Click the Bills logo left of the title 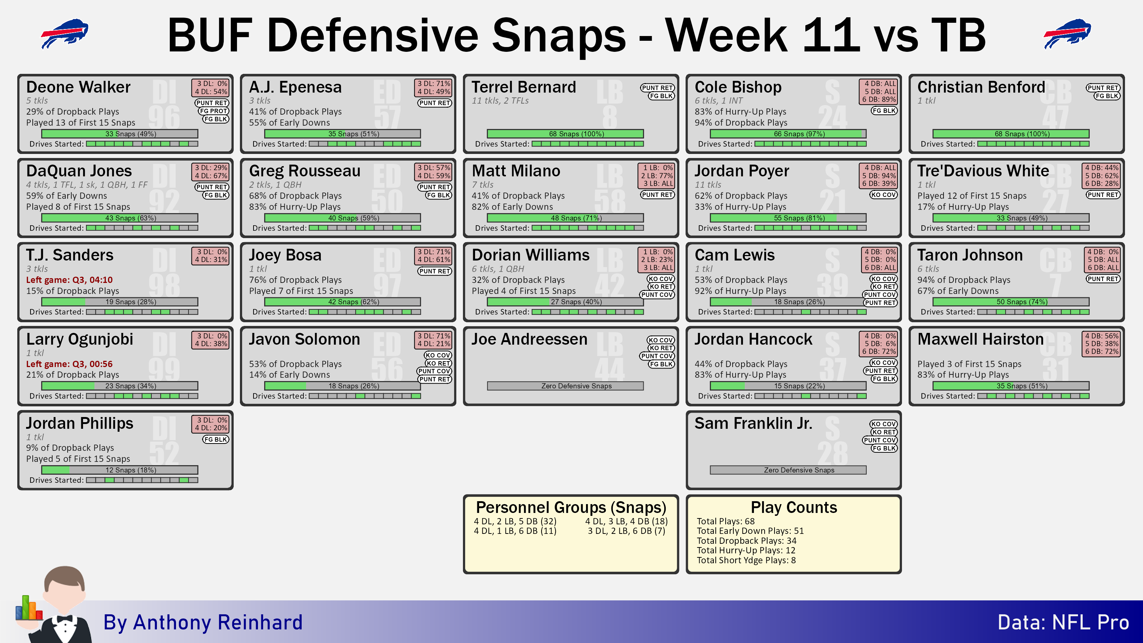coord(65,33)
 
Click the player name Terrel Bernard coord(524,87)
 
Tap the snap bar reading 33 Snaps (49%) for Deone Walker coord(120,134)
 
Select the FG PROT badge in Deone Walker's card coord(213,111)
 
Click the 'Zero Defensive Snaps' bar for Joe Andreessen coord(565,386)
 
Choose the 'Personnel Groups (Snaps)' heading coord(571,507)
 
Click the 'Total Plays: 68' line coord(726,521)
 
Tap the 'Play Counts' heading coord(794,507)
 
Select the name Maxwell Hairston coord(981,339)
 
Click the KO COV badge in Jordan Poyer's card coord(884,195)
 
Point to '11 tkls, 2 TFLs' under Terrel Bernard coord(500,101)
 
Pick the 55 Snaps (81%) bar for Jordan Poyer coord(788,218)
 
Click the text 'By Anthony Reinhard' coord(203,622)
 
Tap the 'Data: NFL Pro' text coord(1063,622)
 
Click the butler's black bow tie coord(64,619)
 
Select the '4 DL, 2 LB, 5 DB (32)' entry coord(515,521)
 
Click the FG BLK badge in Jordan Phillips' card coord(216,439)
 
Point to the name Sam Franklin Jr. coord(754,423)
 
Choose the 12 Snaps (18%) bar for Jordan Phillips coord(120,470)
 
